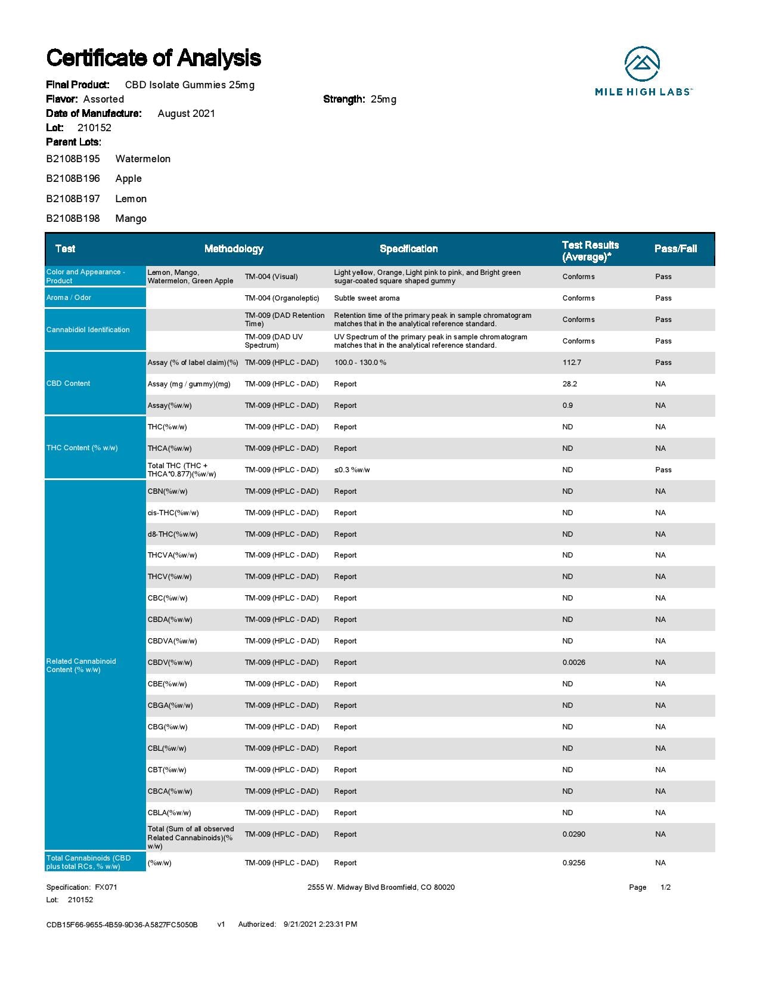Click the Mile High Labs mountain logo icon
642,64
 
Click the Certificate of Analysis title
153,58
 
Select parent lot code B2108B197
73,199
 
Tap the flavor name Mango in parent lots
131,218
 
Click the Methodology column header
234,249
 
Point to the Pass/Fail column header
675,249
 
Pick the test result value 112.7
571,363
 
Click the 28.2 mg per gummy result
569,384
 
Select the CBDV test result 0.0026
573,663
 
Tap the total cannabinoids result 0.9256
573,863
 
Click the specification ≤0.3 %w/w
352,470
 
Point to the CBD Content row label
68,383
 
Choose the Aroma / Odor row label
69,298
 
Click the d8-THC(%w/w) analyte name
172,534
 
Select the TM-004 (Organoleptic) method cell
281,298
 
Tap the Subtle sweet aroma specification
367,298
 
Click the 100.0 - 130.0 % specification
359,363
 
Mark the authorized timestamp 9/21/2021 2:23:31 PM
320,924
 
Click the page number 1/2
665,887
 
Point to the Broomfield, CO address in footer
381,887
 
